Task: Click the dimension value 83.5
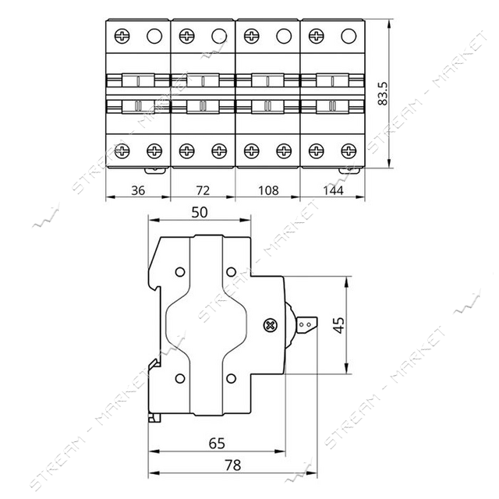[x=383, y=94]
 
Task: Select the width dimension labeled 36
[x=138, y=190]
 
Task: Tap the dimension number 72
[x=203, y=190]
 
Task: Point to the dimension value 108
[x=268, y=190]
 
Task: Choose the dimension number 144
[x=333, y=190]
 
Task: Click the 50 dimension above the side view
[x=200, y=212]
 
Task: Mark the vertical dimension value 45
[x=339, y=325]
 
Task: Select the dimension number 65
[x=217, y=443]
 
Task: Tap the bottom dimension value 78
[x=233, y=465]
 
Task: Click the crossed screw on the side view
[x=271, y=325]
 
